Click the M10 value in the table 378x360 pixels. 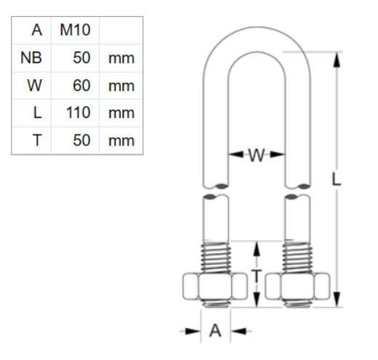(74, 31)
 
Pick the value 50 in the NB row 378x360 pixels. (81, 58)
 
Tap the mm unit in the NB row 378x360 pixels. (121, 58)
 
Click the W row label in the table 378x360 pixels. (35, 86)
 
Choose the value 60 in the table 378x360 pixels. (81, 86)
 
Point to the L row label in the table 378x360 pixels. (37, 113)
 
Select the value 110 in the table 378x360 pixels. (77, 113)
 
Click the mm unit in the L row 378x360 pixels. (121, 113)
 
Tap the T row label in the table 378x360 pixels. (37, 140)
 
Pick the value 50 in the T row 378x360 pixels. (81, 140)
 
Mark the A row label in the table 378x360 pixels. (36, 31)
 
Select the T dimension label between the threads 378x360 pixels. (257, 275)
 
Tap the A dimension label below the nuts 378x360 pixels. (215, 331)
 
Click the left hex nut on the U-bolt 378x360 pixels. (215, 287)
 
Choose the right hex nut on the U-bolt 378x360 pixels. (299, 287)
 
